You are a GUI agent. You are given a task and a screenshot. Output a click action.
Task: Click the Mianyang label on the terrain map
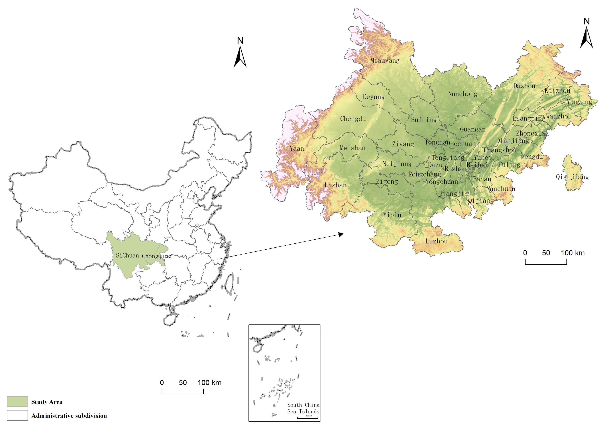(385, 60)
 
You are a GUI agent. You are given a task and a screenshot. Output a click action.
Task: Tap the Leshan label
(335, 185)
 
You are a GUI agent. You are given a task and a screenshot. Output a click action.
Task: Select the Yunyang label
(579, 102)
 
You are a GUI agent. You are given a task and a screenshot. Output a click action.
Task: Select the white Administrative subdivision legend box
(17, 415)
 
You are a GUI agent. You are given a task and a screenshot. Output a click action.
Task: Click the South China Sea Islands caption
(303, 408)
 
